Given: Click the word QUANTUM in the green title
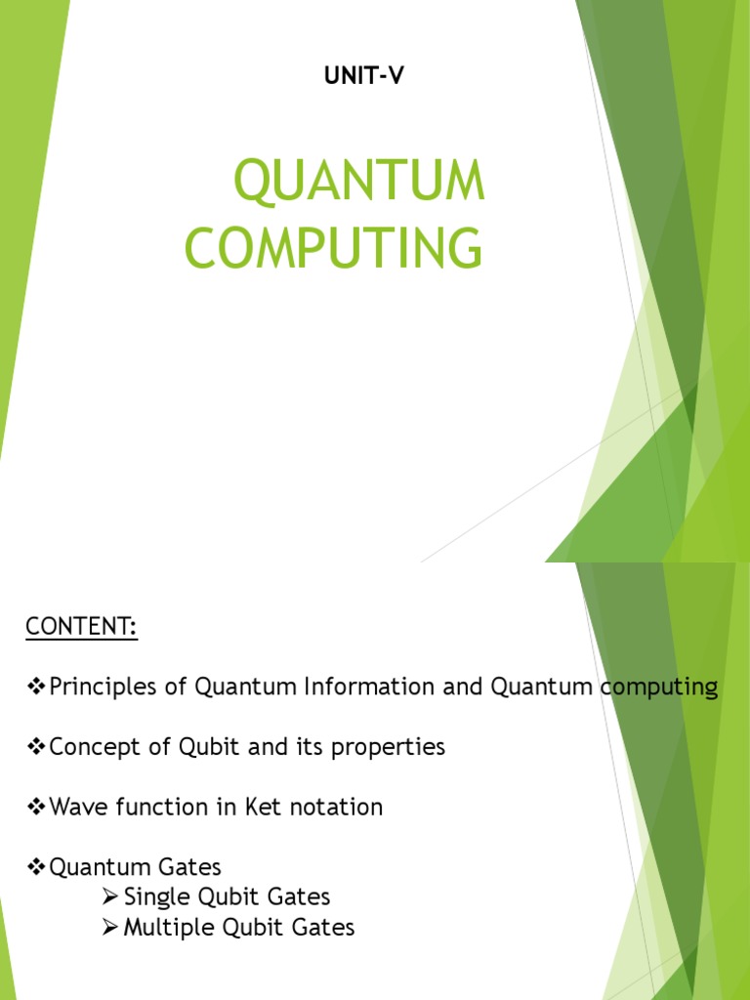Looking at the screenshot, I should point(359,183).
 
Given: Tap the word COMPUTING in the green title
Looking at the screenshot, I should point(333,247).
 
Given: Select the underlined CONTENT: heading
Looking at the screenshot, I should point(82,627).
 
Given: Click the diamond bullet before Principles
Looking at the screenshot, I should point(36,687).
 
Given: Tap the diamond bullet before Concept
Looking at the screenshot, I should point(36,748).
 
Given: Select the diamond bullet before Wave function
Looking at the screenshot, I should point(36,808).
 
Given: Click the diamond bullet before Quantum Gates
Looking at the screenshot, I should point(36,867).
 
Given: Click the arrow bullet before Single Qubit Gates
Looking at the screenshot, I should point(110,897).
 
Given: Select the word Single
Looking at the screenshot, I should point(154,897).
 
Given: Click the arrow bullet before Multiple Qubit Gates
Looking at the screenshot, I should point(110,928).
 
